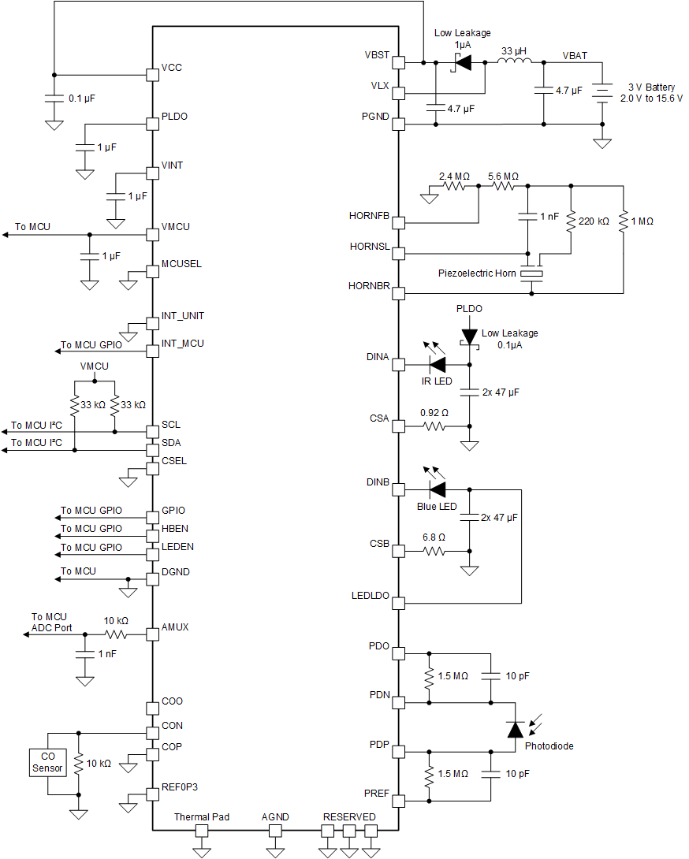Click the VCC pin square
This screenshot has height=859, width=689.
click(x=154, y=75)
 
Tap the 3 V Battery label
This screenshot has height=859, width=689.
click(x=651, y=87)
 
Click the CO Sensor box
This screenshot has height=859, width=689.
click(x=47, y=762)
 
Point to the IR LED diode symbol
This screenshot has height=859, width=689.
click(x=437, y=365)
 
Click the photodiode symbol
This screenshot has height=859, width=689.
click(x=515, y=730)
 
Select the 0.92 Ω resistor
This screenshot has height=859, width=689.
click(x=434, y=426)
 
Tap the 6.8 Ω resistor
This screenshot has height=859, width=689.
click(x=434, y=551)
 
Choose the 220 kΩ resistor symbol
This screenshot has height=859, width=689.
click(x=570, y=222)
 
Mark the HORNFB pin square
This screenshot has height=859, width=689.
click(x=398, y=223)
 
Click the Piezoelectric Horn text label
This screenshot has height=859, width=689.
click(x=477, y=273)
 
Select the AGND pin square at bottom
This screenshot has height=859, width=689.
click(x=275, y=831)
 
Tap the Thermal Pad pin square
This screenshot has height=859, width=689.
click(x=202, y=831)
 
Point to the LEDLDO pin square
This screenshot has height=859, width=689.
click(x=398, y=604)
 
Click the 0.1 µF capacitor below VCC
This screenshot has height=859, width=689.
click(x=54, y=99)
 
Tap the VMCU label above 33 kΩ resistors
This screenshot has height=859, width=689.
click(x=95, y=366)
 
